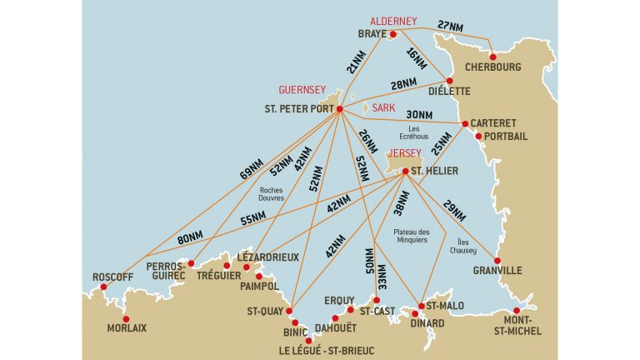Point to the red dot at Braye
pyautogui.click(x=393, y=34)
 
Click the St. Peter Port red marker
pyautogui.click(x=340, y=108)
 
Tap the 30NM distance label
pyautogui.click(x=419, y=115)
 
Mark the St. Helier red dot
pyautogui.click(x=405, y=172)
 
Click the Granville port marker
pyautogui.click(x=497, y=261)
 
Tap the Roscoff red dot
pyautogui.click(x=103, y=287)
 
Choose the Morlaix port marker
pyautogui.click(x=126, y=318)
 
